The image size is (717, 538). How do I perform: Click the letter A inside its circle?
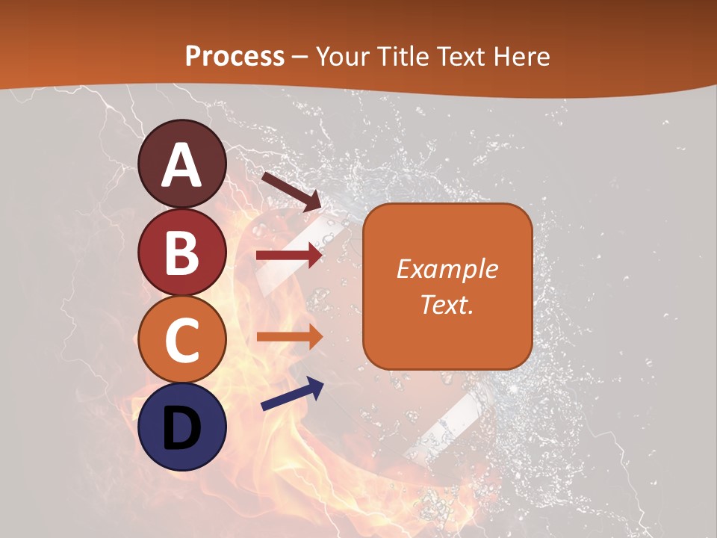[182, 166]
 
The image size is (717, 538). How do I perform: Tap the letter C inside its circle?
[181, 341]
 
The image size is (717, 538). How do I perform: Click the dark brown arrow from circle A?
[291, 191]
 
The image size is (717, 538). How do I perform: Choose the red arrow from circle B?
[289, 256]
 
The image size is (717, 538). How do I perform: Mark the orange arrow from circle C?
[289, 337]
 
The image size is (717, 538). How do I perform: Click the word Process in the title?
[235, 57]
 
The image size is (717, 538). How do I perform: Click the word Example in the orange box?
[447, 269]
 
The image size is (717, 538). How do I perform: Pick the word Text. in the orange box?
[447, 304]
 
